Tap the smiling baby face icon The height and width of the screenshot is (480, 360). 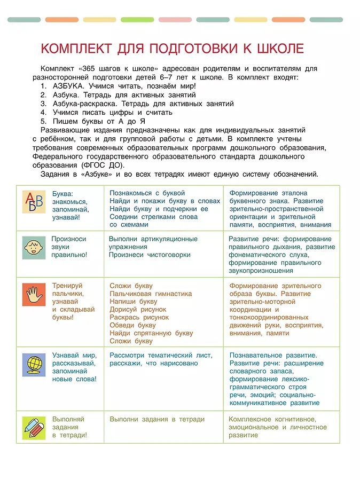pos(34,247)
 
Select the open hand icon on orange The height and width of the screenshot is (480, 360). pos(34,294)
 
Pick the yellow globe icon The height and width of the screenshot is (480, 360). pos(34,364)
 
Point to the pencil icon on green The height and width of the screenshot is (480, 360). pos(34,428)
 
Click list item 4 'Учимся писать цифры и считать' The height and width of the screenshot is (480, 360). pos(112,113)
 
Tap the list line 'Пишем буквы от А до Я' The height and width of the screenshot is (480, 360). pos(99,121)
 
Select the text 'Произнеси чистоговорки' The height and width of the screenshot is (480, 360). pos(150,255)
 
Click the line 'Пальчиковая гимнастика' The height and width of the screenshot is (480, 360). pos(151,294)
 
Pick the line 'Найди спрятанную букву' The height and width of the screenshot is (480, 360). pos(151,333)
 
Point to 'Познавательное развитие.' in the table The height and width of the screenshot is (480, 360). pos(273,355)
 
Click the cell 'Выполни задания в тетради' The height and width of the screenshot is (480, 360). pos(157,419)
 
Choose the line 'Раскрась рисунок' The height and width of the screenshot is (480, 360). pos(139,317)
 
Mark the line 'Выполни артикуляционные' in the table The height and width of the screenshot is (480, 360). pos(153,239)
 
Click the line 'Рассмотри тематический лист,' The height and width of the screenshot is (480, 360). pos(161,355)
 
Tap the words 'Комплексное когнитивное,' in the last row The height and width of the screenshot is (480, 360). pos(272,419)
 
